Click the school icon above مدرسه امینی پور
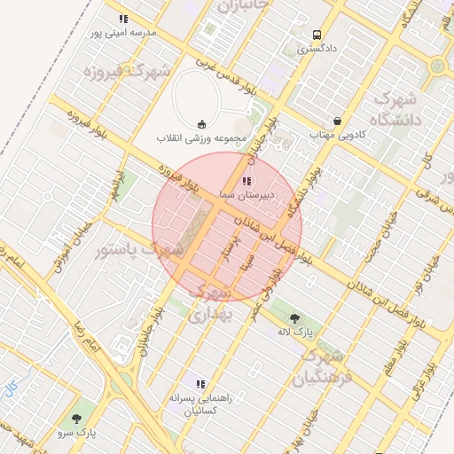123,19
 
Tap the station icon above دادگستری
317,35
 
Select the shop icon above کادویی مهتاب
337,121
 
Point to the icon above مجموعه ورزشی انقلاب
202,124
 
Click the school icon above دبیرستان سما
246,180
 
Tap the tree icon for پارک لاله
294,317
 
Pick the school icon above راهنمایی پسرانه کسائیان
200,384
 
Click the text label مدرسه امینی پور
123,33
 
